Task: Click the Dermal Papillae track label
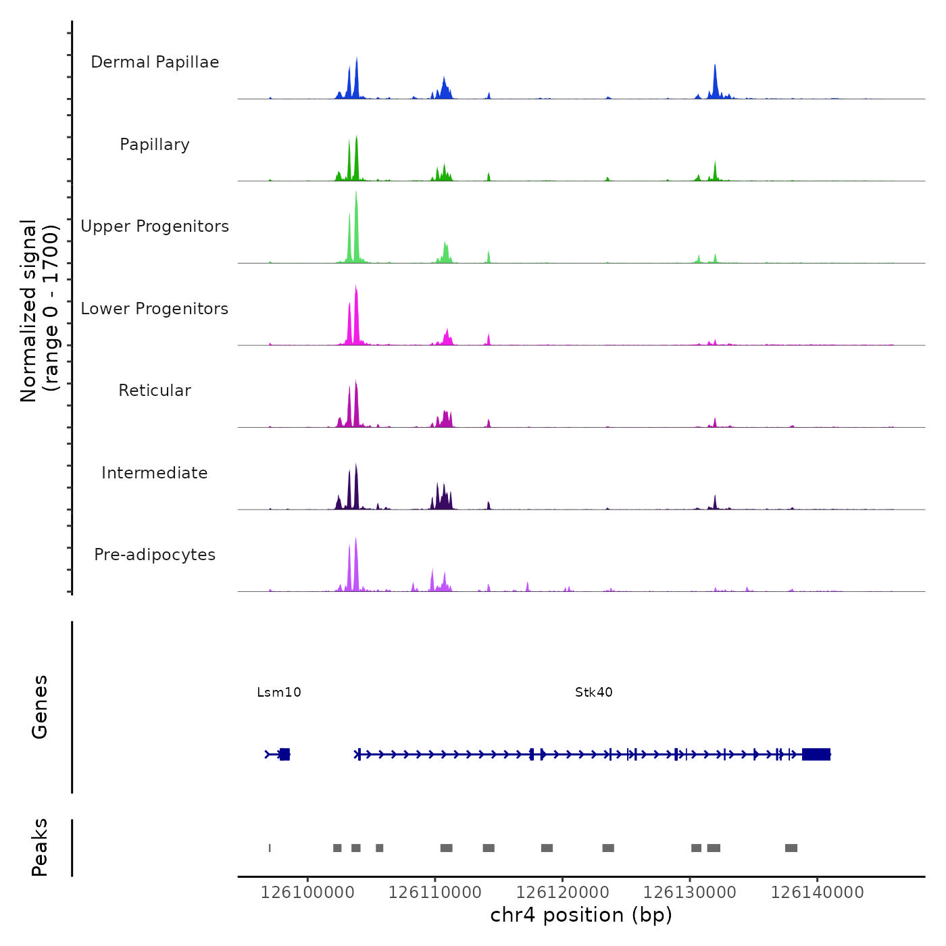[x=155, y=62]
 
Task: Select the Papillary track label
[x=155, y=145]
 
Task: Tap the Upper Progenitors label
[x=155, y=226]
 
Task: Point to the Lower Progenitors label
[x=155, y=309]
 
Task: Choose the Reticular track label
[x=155, y=391]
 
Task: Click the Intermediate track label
[x=155, y=473]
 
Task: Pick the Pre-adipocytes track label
[x=155, y=555]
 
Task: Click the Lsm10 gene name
[x=279, y=692]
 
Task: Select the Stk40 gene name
[x=594, y=692]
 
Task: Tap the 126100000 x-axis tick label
[x=307, y=893]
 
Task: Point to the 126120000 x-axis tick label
[x=562, y=893]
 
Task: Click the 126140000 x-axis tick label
[x=817, y=893]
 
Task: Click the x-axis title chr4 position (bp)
[x=581, y=915]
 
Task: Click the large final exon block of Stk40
[x=816, y=754]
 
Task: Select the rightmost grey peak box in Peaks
[x=791, y=848]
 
